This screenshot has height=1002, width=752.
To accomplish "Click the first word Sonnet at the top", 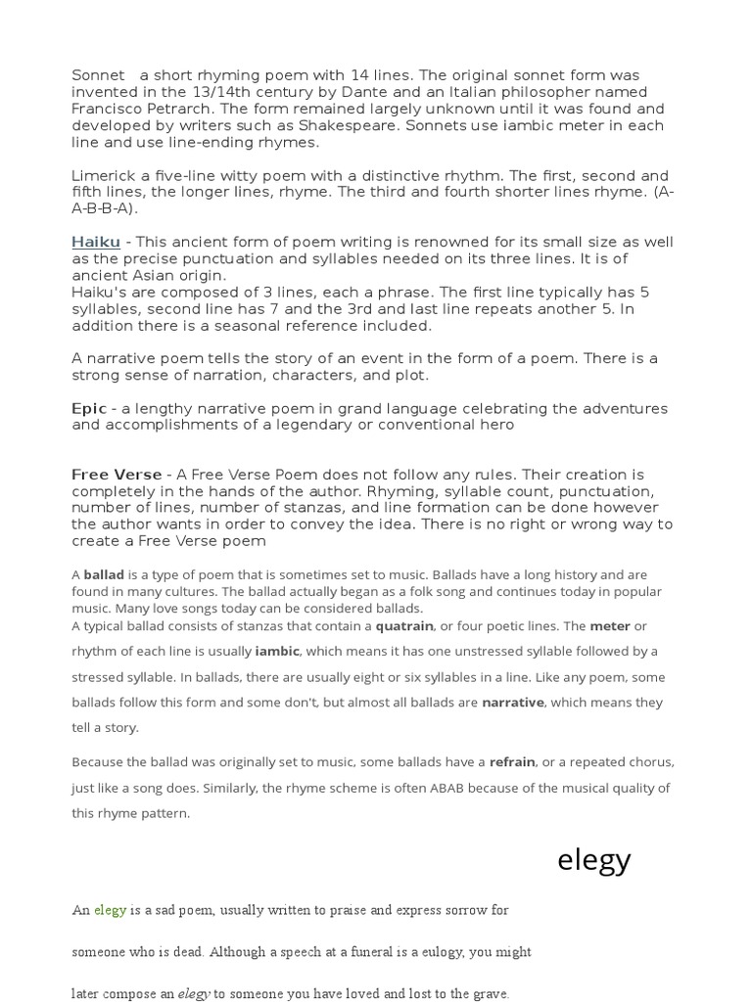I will click(98, 75).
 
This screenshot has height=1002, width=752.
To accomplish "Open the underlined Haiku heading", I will click(96, 242).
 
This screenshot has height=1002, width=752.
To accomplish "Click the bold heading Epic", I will click(89, 408).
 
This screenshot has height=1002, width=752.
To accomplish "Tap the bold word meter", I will click(610, 625).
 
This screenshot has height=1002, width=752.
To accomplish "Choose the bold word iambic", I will click(277, 651).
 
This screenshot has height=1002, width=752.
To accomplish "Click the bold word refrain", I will click(512, 761).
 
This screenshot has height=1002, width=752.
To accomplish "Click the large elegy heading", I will click(593, 859).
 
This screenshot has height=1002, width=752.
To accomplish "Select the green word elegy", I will click(110, 910).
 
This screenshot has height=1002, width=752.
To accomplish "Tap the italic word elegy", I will click(194, 994).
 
